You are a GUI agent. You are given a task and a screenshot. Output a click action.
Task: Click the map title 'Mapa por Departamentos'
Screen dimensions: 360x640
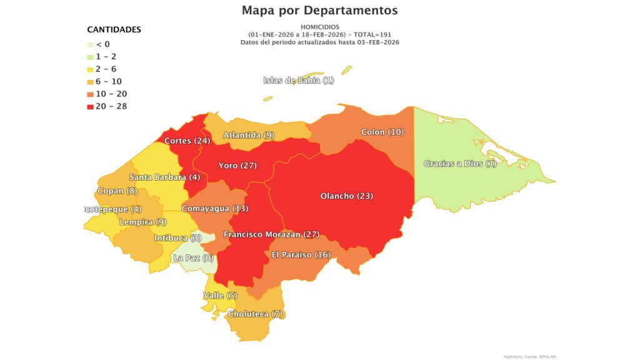(319, 11)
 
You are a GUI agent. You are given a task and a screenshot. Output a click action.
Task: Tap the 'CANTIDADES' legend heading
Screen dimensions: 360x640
(114, 29)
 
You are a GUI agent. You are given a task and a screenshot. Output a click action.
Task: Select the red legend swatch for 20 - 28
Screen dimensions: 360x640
(91, 106)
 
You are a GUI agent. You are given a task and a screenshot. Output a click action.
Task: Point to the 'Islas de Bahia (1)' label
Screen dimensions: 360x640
(299, 80)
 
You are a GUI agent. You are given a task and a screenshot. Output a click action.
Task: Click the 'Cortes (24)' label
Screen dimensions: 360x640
(187, 141)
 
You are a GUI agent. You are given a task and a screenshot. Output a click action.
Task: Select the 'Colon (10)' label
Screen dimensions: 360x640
(382, 132)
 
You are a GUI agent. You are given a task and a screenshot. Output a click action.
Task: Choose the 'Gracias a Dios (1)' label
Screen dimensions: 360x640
(460, 164)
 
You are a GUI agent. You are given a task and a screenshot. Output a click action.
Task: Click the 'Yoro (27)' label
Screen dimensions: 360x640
(237, 166)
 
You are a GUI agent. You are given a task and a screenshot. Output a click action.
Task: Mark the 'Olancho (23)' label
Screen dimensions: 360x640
(346, 196)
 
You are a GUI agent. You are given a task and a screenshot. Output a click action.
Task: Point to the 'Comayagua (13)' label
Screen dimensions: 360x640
(214, 208)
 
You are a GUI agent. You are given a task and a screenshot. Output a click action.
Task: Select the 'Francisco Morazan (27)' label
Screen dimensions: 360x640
(271, 235)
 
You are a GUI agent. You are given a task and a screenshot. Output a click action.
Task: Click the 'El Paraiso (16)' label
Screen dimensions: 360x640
(301, 255)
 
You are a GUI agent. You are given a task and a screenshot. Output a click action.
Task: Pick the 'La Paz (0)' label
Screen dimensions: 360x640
(193, 258)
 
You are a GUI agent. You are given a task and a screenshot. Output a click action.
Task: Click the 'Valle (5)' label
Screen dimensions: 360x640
(220, 296)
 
